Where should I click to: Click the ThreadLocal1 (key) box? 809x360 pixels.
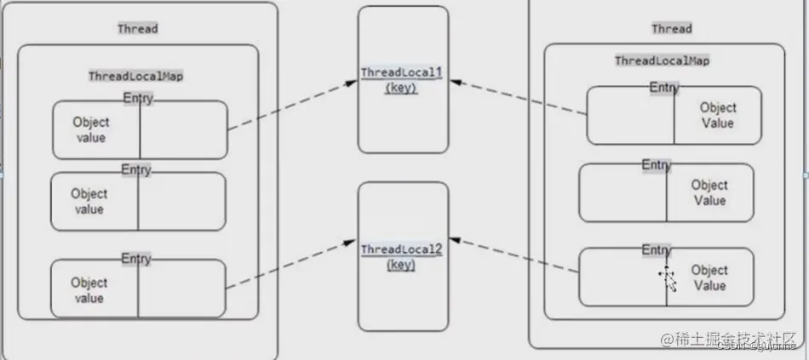[x=403, y=80]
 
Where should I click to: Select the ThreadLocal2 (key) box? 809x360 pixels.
[x=403, y=256]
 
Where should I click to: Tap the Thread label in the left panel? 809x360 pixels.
[x=137, y=29]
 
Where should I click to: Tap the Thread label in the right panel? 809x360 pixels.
[x=672, y=29]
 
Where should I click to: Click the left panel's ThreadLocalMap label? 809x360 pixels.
[x=136, y=76]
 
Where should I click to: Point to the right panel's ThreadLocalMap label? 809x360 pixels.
[x=663, y=61]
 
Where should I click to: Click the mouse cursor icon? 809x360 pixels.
[x=668, y=277]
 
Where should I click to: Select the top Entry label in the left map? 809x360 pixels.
[x=137, y=98]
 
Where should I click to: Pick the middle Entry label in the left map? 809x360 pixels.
[x=136, y=169]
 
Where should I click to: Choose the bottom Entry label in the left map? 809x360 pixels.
[x=136, y=258]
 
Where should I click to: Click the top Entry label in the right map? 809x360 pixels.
[x=664, y=87]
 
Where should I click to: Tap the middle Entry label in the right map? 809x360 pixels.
[x=656, y=164]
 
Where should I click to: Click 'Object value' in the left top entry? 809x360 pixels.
[x=91, y=129]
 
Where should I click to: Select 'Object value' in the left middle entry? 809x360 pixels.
[x=89, y=202]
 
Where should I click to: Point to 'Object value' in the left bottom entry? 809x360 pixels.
[x=89, y=290]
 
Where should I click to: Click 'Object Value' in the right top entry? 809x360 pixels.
[x=718, y=116]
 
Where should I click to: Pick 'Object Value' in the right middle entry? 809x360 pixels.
[x=709, y=192]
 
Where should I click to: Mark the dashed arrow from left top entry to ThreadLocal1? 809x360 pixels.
[x=291, y=106]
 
